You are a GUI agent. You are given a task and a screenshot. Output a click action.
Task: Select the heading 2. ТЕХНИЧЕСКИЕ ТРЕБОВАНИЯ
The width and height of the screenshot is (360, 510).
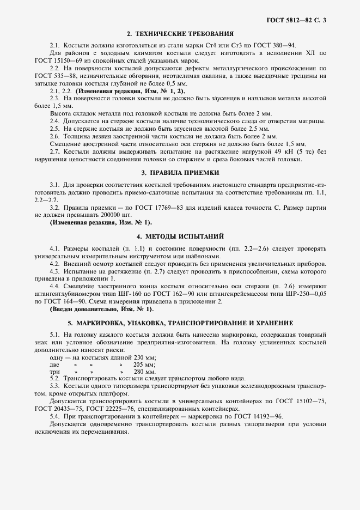coord(180,33)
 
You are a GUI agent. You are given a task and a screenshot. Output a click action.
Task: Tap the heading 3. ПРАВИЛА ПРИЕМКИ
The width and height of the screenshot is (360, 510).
coord(180,173)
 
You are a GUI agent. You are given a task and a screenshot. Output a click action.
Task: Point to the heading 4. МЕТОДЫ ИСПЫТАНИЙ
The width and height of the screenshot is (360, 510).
coord(180,236)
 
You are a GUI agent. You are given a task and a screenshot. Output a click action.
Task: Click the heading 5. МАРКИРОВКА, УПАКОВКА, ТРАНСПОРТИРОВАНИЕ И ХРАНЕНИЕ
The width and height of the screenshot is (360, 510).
coord(180,321)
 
